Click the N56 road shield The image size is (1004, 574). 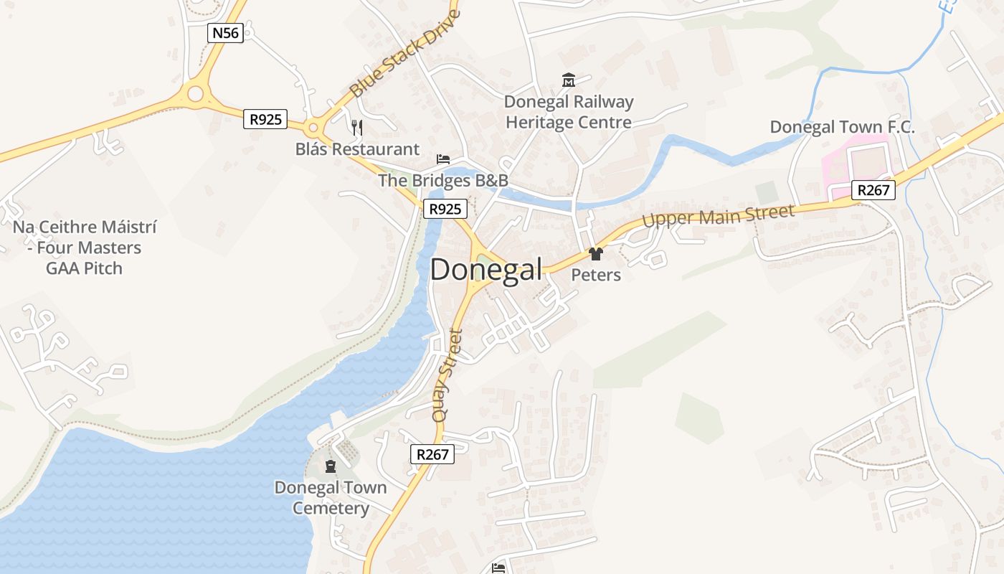(226, 32)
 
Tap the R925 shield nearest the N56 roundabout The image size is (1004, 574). (266, 119)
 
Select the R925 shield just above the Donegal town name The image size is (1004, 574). (445, 209)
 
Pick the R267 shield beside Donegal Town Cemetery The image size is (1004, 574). (433, 453)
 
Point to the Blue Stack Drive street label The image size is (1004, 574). (405, 54)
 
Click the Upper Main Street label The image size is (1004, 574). (719, 215)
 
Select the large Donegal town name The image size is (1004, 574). (486, 270)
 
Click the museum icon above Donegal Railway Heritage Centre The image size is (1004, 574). (569, 80)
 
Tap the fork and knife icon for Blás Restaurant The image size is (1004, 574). (357, 128)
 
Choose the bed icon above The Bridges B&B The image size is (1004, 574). (443, 159)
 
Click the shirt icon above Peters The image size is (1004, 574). (595, 253)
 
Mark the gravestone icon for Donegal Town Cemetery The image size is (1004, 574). (331, 466)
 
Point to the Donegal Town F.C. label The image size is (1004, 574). (842, 127)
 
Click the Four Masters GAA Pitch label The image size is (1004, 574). (84, 248)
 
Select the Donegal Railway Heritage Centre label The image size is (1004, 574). (569, 112)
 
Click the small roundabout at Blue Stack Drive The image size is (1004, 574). (313, 129)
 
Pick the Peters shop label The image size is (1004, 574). (596, 275)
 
